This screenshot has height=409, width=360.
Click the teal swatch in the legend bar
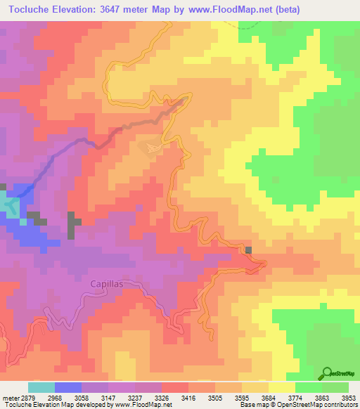pos(41,387)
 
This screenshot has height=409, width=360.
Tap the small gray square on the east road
pos(248,250)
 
